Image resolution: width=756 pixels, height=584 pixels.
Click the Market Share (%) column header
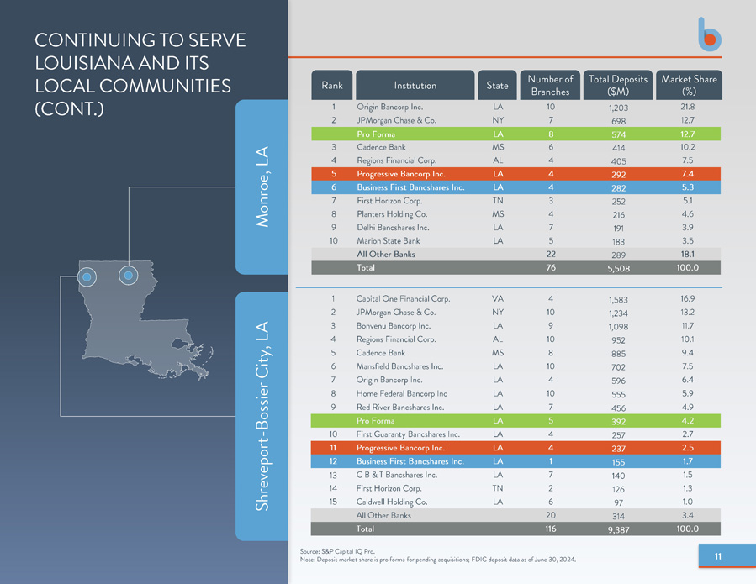pyautogui.click(x=689, y=85)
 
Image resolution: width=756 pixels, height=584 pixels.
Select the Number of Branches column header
pyautogui.click(x=550, y=85)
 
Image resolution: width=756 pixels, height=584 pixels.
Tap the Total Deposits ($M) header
pyautogui.click(x=617, y=85)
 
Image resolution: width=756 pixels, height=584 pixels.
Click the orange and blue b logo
pyautogui.click(x=709, y=34)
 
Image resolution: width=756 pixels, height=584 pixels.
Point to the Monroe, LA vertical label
pyautogui.click(x=262, y=187)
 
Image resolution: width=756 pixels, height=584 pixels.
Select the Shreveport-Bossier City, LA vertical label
pyautogui.click(x=262, y=416)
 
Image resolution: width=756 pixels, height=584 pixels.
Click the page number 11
pyautogui.click(x=718, y=556)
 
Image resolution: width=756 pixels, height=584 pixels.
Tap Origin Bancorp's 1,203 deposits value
pyautogui.click(x=618, y=108)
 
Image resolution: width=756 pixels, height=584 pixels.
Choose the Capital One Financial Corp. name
pyautogui.click(x=403, y=299)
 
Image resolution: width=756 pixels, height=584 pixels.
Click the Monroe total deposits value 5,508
pyautogui.click(x=619, y=268)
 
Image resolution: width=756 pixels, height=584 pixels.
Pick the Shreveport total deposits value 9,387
pyautogui.click(x=619, y=529)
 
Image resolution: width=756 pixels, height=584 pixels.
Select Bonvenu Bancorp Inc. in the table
pyautogui.click(x=394, y=326)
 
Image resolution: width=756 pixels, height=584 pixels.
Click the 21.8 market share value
pyautogui.click(x=688, y=107)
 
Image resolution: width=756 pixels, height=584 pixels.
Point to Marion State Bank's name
pyautogui.click(x=389, y=240)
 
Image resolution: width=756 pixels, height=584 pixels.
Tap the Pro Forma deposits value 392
pyautogui.click(x=619, y=422)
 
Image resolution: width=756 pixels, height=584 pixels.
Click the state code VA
pyautogui.click(x=498, y=299)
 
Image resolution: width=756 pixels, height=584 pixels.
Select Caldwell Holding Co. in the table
pyautogui.click(x=392, y=502)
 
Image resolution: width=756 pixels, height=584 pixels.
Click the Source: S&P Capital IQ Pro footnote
pyautogui.click(x=337, y=551)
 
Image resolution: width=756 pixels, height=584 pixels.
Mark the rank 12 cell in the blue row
pyautogui.click(x=333, y=461)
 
